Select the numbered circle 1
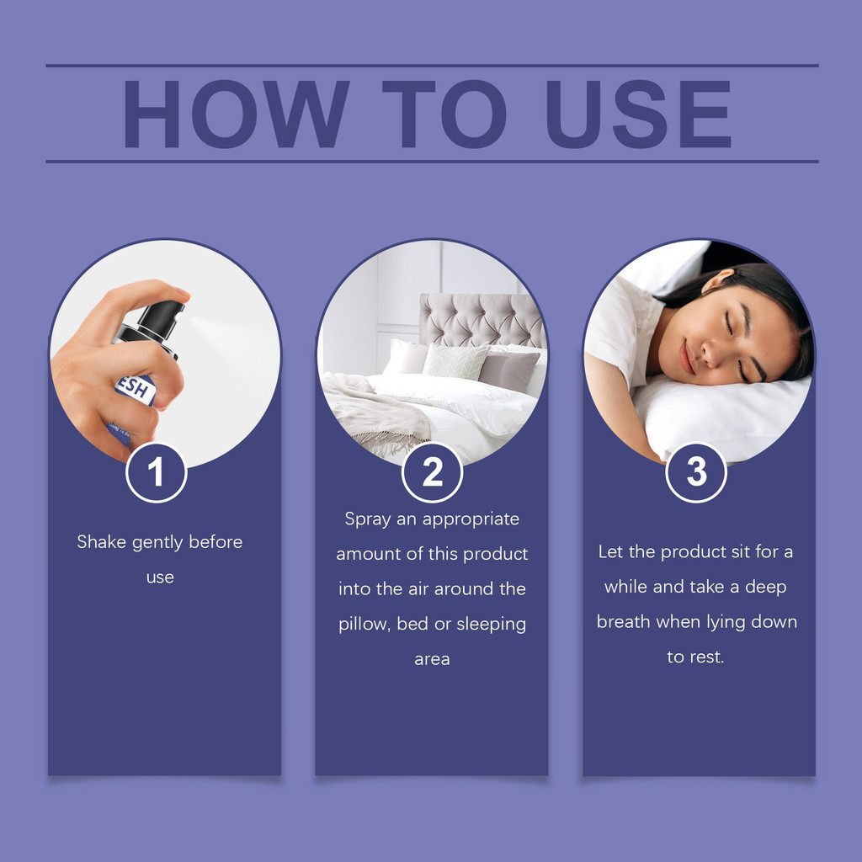(x=157, y=472)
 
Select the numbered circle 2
(x=432, y=472)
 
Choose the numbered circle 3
(x=696, y=472)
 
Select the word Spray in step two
(x=368, y=519)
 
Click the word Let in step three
(x=611, y=552)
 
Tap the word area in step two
(x=432, y=659)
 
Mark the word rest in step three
(x=705, y=657)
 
